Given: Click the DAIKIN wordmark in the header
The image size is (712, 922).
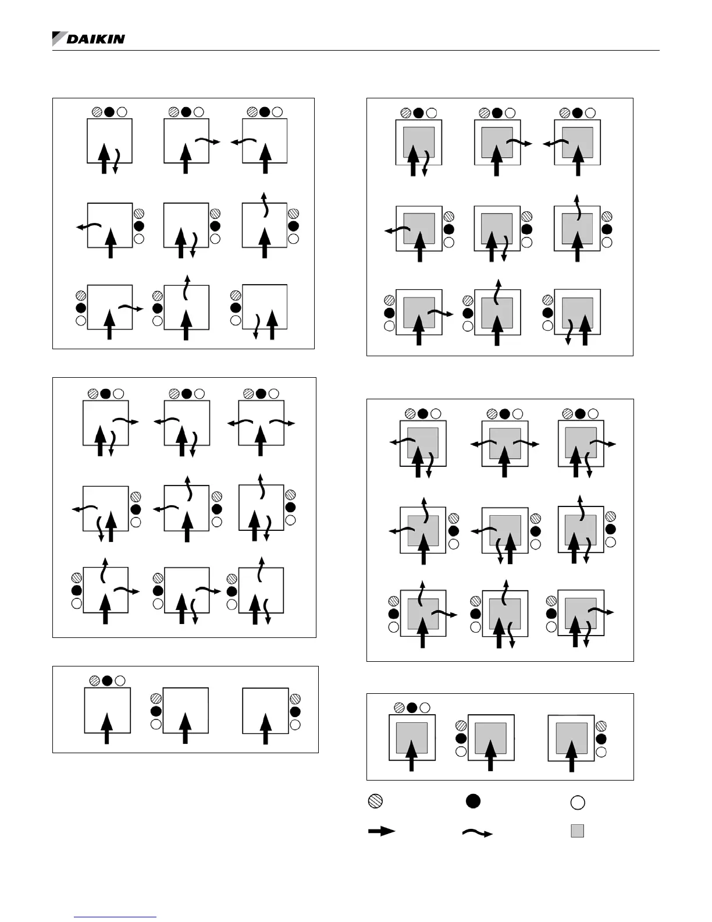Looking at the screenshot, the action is [95, 39].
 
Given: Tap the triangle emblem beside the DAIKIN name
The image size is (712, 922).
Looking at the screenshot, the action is [59, 38].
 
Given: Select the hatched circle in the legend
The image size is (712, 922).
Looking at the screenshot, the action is [375, 802].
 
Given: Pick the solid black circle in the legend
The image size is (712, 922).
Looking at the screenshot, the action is [473, 801].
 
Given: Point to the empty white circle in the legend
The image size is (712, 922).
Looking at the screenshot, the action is [577, 803].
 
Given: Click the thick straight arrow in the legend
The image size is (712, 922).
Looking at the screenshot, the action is [382, 831].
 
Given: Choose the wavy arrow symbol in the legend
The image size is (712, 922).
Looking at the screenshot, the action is [477, 833].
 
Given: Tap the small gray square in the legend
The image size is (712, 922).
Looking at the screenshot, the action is [577, 831].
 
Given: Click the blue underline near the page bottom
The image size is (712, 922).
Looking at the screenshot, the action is [116, 917].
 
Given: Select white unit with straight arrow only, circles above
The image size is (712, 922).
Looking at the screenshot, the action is [107, 710].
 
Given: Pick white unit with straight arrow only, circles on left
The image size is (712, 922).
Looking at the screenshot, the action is [186, 710].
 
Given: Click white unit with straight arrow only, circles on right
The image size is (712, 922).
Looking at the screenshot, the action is [265, 710].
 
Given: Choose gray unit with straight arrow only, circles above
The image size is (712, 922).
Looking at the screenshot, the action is [412, 737].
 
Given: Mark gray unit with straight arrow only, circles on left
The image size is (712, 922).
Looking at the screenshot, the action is [491, 737].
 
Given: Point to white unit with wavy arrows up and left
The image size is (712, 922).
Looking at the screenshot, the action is [186, 508].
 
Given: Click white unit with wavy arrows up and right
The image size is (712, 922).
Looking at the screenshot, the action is [105, 590].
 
